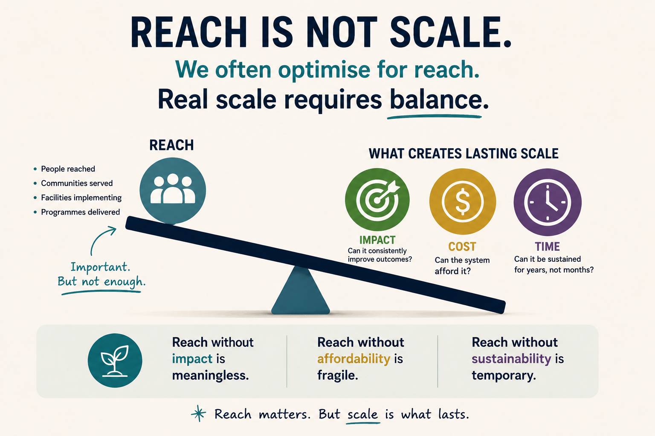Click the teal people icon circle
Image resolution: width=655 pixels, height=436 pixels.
(x=173, y=191)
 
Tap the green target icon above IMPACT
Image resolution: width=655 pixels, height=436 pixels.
(x=377, y=200)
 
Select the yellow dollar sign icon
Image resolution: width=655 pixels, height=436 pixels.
(x=463, y=201)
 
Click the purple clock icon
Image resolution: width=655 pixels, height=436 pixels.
(x=548, y=202)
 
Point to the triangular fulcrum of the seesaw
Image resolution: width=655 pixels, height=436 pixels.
(x=301, y=292)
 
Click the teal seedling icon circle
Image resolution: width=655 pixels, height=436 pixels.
(x=115, y=360)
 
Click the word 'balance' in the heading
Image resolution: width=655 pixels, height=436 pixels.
(x=436, y=100)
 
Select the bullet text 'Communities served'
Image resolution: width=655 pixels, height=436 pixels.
(x=77, y=183)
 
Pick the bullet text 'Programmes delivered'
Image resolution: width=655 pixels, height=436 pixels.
(x=81, y=212)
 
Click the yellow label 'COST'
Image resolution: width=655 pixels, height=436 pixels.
(x=462, y=247)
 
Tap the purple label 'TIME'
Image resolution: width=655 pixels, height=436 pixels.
(x=548, y=247)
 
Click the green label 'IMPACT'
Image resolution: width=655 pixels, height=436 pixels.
(x=377, y=240)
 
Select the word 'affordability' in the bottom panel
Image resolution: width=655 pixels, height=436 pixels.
(x=354, y=359)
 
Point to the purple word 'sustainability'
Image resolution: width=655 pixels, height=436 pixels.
(x=511, y=359)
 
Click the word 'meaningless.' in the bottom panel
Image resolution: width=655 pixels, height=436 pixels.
(x=210, y=376)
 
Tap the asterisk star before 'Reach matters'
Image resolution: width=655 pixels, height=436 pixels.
(x=199, y=413)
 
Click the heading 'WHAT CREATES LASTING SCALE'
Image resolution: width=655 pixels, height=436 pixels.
(x=464, y=154)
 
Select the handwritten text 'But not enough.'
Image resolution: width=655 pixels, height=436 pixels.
(x=101, y=281)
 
